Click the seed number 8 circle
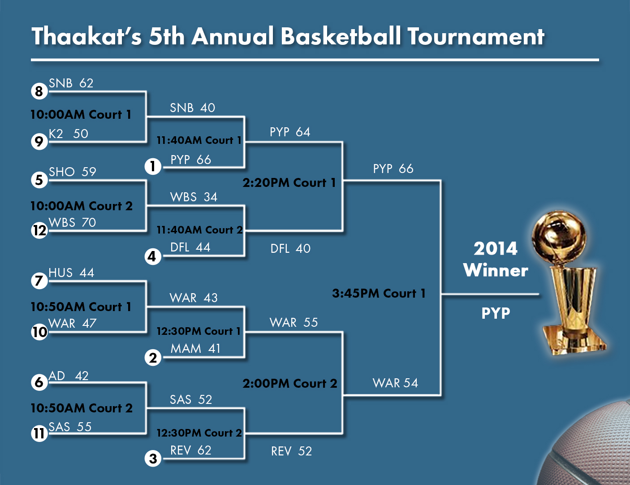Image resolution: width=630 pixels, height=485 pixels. point(39,91)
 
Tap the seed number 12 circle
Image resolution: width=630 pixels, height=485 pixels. point(39,231)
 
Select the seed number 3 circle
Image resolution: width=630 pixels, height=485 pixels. point(153,459)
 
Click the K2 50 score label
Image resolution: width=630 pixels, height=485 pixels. point(69,134)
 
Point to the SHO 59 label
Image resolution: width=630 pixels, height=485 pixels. point(72,172)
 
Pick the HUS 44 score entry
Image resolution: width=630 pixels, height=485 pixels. point(71,273)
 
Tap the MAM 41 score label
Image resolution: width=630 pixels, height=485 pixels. point(195,348)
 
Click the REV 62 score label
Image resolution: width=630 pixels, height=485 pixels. point(191,450)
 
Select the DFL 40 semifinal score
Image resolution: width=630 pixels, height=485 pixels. point(290,249)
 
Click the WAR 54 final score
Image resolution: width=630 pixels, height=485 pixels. point(396,383)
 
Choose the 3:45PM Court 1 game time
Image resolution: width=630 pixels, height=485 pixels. point(379,294)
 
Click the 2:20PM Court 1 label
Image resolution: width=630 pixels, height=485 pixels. point(289,182)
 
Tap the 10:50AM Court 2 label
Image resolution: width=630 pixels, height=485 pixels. point(82,408)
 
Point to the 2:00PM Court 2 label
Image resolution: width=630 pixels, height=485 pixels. point(290,384)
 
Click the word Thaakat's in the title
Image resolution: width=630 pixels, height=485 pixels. point(86,36)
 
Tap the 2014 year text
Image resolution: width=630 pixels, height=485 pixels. point(496,249)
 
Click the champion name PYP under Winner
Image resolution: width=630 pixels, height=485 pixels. point(496,313)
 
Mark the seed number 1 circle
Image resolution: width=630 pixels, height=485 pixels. point(153,166)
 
